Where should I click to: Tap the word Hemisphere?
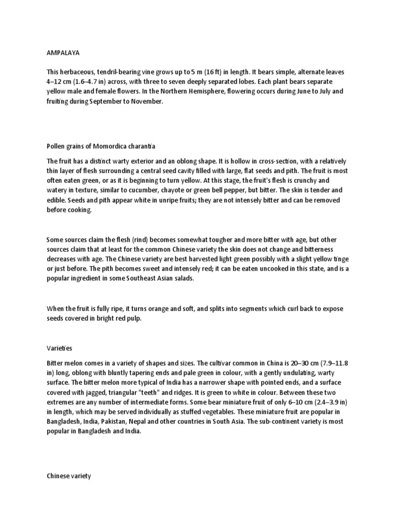pos(211,91)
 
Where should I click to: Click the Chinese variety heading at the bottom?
pos(69,476)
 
